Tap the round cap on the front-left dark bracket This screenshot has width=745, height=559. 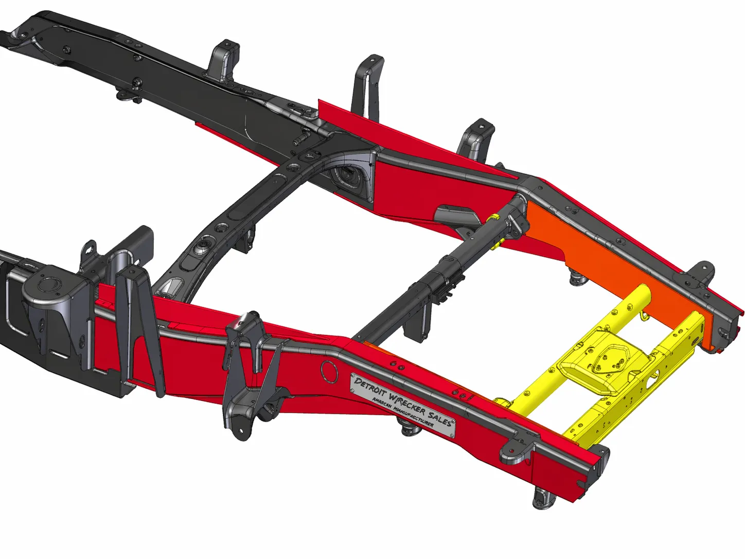point(49,284)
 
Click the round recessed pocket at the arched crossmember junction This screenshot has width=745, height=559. point(350,175)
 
